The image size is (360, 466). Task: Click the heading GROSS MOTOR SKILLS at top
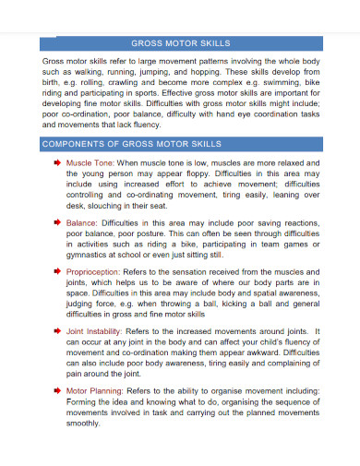click(x=181, y=42)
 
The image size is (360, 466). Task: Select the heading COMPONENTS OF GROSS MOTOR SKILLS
click(x=132, y=145)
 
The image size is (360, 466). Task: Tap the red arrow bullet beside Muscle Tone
click(x=57, y=161)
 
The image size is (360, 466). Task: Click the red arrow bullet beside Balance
click(x=57, y=222)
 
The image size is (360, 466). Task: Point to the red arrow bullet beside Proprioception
click(x=57, y=272)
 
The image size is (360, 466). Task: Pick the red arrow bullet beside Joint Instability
click(x=57, y=330)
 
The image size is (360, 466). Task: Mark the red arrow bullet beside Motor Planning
click(x=57, y=390)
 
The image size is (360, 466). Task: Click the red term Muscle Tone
click(x=90, y=161)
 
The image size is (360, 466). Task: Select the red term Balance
click(x=82, y=222)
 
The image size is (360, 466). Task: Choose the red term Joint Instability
click(x=95, y=330)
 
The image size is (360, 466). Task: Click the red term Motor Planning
click(x=94, y=390)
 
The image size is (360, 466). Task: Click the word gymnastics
click(x=90, y=256)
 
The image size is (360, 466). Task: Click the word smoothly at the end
click(x=83, y=424)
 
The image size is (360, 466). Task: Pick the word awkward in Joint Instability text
click(x=263, y=352)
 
